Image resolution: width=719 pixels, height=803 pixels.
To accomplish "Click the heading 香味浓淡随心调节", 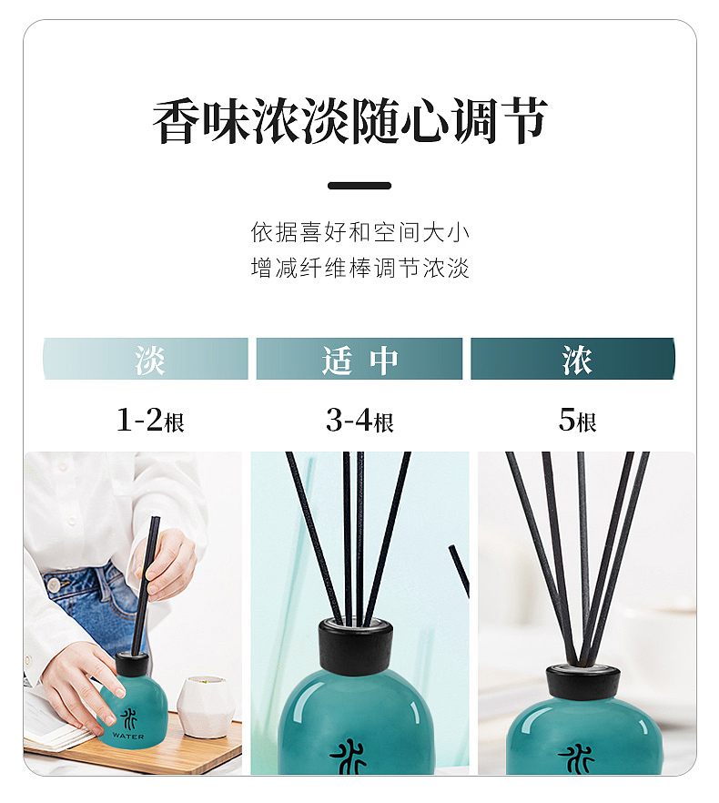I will point(349,122).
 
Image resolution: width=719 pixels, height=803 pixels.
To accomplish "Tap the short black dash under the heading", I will point(359,186).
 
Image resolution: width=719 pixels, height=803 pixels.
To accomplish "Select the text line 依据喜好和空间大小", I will point(359,232).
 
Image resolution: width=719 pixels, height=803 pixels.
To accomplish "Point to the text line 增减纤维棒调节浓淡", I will point(359,269).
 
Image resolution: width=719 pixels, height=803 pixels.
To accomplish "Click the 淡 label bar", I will point(146,360).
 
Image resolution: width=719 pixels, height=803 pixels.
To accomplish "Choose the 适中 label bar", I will point(359,360).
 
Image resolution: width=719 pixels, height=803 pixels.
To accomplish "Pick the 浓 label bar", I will point(573,360).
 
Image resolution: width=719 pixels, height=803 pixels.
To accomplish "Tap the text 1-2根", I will point(150,421).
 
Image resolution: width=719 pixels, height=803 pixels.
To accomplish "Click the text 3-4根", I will point(359,421).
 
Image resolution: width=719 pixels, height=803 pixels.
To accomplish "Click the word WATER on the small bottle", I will point(128,736).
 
